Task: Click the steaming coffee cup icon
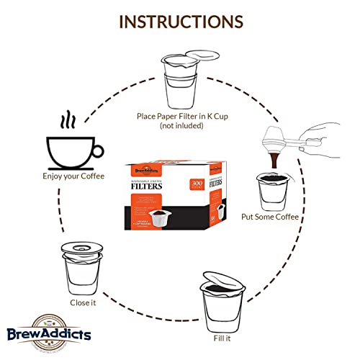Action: point(71,148)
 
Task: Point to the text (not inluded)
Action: point(181,126)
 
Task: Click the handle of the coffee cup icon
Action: point(98,150)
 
